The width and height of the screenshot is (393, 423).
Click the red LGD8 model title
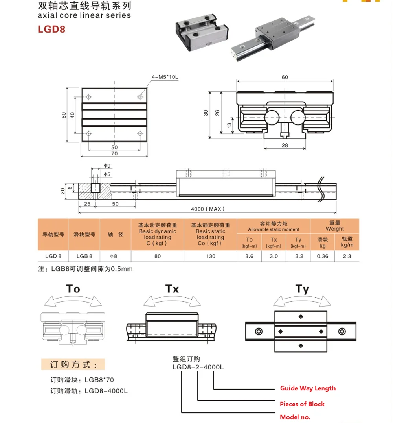click(x=51, y=29)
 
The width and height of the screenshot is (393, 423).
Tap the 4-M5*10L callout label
click(x=165, y=77)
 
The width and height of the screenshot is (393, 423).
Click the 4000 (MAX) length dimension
click(x=208, y=209)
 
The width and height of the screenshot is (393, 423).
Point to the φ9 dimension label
click(x=107, y=166)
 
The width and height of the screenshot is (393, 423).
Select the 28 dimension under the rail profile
click(x=285, y=145)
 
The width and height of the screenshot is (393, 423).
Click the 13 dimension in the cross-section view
click(x=229, y=125)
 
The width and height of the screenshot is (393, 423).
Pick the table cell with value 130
click(x=211, y=256)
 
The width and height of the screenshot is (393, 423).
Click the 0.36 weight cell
click(x=322, y=256)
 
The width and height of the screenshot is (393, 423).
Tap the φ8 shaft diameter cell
click(x=114, y=256)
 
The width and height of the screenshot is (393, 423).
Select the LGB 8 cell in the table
click(x=84, y=256)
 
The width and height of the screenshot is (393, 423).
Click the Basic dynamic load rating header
click(x=158, y=234)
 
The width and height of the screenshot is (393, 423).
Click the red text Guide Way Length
click(x=308, y=388)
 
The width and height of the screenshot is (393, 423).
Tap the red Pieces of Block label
click(x=302, y=404)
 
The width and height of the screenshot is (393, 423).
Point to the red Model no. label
click(x=295, y=417)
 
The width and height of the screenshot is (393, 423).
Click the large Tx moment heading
click(x=172, y=289)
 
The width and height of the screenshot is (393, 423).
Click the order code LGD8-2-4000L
click(x=198, y=367)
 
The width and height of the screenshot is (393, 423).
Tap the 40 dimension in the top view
click(x=72, y=115)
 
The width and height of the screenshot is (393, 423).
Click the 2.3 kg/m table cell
click(x=347, y=256)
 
